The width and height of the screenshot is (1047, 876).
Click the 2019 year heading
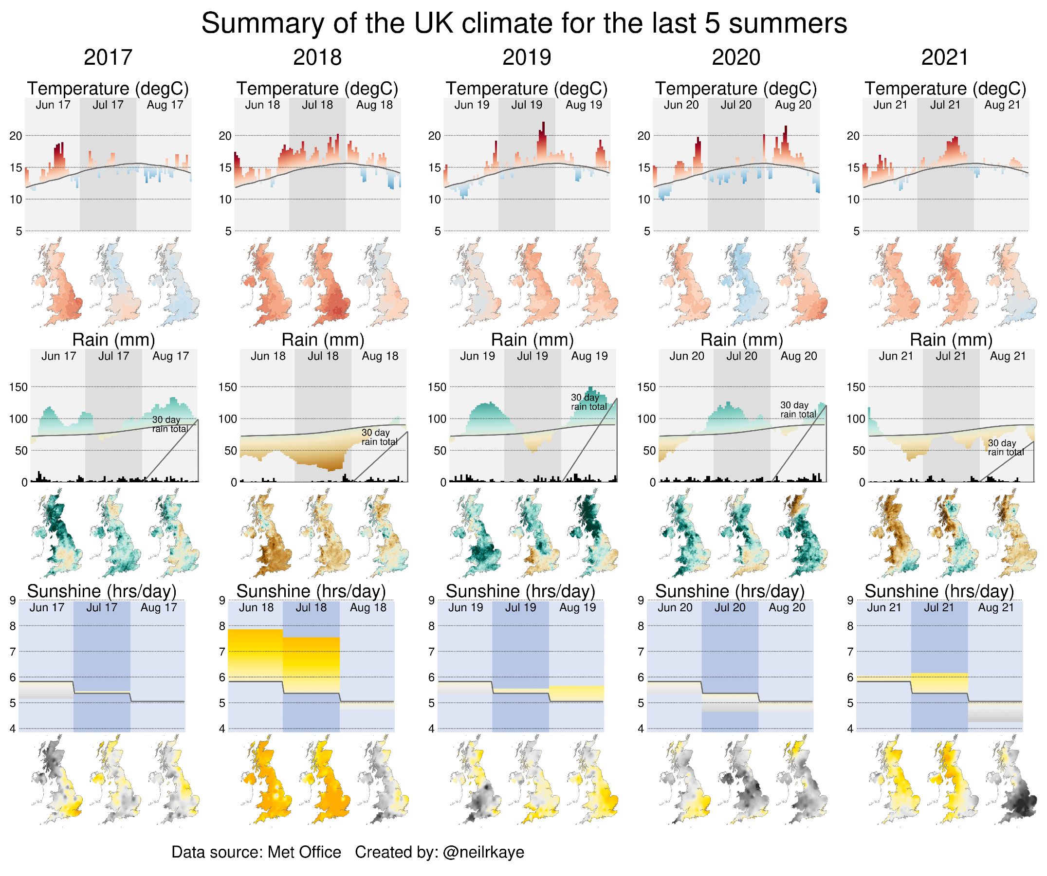(527, 57)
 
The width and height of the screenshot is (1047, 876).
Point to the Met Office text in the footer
(304, 852)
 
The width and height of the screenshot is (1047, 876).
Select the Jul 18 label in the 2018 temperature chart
(317, 105)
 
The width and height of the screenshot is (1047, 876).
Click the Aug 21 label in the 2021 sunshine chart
(995, 608)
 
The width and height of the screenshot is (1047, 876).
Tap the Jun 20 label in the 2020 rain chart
(686, 356)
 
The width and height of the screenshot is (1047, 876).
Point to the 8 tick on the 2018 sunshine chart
(222, 626)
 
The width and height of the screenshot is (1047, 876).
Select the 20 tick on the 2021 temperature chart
(853, 136)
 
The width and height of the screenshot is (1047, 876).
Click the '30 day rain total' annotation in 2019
(588, 402)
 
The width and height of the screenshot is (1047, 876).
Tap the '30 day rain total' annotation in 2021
(1005, 448)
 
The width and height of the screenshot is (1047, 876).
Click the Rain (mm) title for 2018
(323, 340)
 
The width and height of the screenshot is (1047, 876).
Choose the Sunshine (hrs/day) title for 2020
(730, 591)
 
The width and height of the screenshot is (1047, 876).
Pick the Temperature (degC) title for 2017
(108, 88)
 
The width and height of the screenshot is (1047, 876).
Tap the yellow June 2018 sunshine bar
(256, 653)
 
